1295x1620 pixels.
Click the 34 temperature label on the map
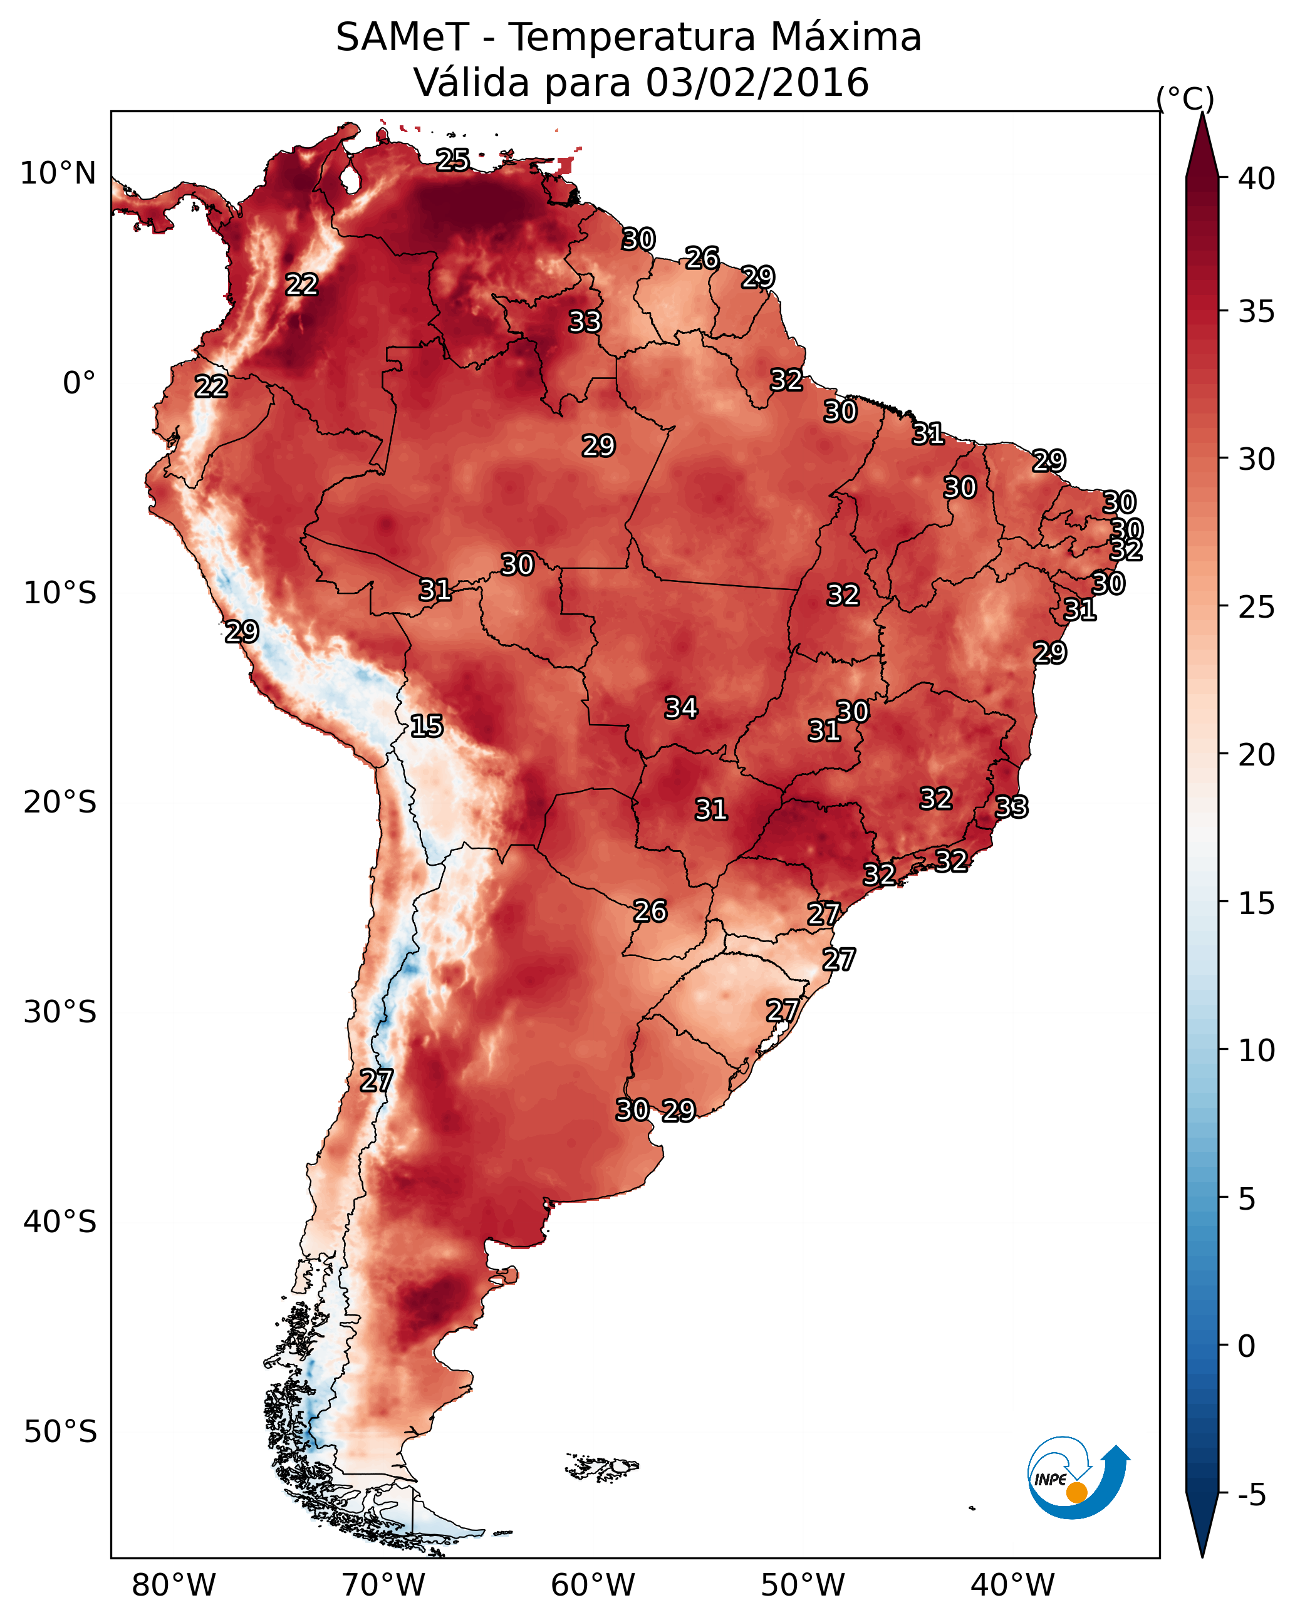coord(681,708)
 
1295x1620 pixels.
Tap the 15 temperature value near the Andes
coord(426,726)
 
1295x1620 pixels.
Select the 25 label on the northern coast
coord(452,159)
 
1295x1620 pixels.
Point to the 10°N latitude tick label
coord(58,174)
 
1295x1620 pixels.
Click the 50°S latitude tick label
coord(60,1432)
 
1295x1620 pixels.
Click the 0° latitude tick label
coord(80,383)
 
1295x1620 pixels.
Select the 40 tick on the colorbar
coord(1257,179)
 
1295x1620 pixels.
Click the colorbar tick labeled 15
coord(1257,903)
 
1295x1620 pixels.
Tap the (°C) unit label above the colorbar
coord(1185,98)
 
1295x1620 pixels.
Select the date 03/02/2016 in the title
coord(757,82)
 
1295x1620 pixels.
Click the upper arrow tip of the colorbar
coord(1202,113)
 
